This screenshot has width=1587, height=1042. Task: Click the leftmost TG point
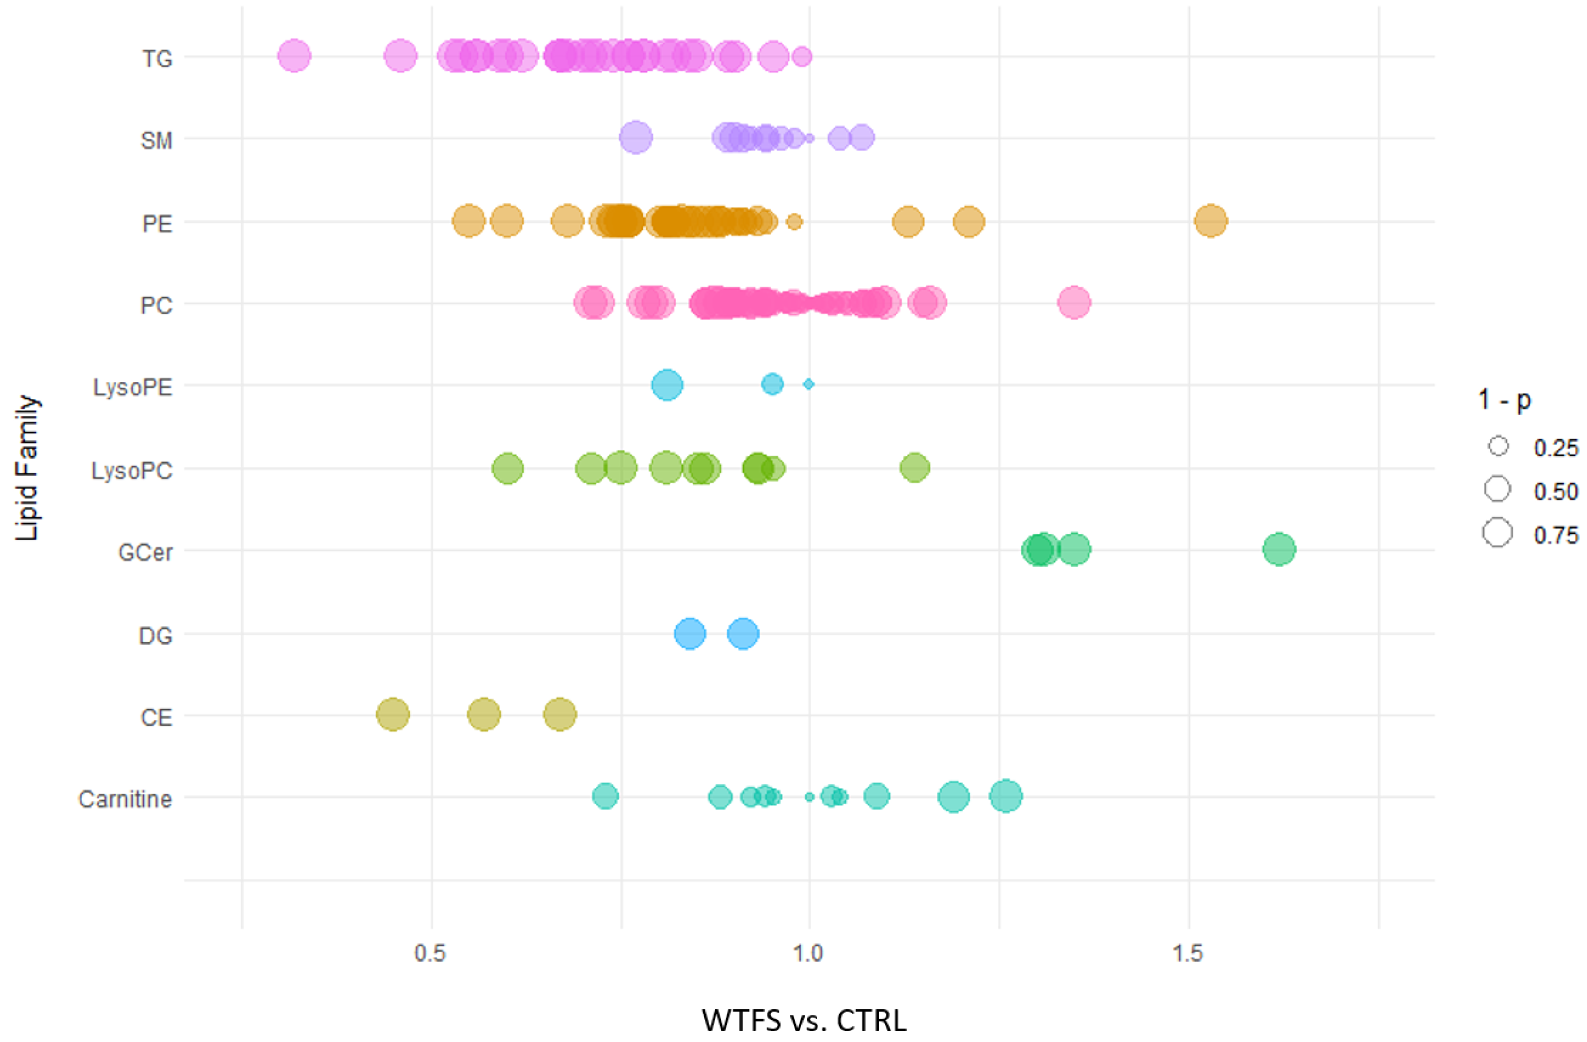294,56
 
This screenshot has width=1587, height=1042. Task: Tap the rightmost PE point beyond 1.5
1210,221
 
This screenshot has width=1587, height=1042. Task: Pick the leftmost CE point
393,714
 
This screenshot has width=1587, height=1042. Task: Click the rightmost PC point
1074,303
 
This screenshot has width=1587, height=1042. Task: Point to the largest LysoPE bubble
667,385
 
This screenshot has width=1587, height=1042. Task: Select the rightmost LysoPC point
915,468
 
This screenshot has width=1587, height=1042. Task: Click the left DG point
690,633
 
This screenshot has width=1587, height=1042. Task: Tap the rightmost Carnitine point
1006,795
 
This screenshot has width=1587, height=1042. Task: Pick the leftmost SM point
635,138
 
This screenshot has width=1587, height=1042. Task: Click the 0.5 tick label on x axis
430,953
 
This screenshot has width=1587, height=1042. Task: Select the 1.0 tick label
809,953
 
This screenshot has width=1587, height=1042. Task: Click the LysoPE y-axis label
133,387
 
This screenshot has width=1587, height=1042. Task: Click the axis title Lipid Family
27,468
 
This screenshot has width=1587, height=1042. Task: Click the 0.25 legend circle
1498,446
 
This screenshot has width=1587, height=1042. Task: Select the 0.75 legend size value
1556,535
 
